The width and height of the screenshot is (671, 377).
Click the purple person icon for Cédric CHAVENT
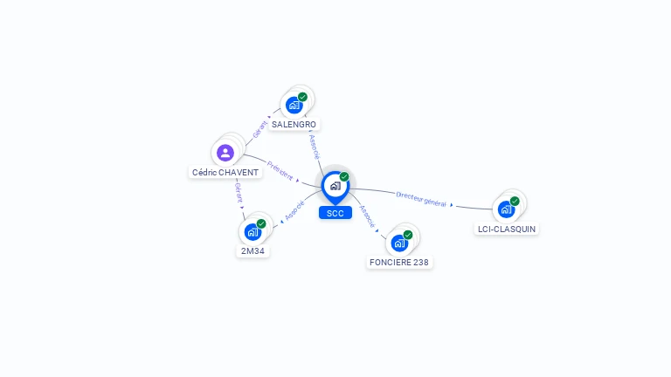pos(225,153)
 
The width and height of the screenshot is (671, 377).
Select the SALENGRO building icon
pos(294,105)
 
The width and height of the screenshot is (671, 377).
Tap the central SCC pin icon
pos(335,185)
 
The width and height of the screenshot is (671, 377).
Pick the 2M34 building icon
pos(252,231)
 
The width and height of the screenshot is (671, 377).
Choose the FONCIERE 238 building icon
pos(399,243)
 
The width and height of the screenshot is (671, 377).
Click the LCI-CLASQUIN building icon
pos(506,209)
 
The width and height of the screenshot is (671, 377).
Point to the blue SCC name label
pos(335,213)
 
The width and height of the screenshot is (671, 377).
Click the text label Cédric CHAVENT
pos(225,172)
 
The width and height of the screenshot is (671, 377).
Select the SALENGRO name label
pos(294,125)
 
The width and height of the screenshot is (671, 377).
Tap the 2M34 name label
pos(252,251)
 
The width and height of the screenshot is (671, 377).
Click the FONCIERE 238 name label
pos(400,262)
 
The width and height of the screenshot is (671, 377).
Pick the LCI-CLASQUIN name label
pos(507,229)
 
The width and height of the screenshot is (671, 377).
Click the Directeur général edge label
pos(421,199)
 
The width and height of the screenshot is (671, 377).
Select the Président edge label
pos(280,168)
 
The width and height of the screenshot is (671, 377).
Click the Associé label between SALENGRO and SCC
pos(315,146)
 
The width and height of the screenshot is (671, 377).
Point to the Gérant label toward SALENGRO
pos(259,128)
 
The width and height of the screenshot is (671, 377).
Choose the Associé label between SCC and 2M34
pos(294,210)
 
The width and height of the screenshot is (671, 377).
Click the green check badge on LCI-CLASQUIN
pos(515,201)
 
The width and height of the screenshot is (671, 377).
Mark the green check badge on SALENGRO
pos(302,97)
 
